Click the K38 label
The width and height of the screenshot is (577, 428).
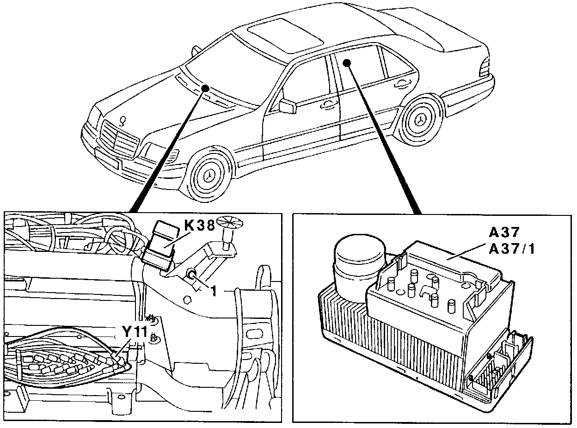click(199, 226)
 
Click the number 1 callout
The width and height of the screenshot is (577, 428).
click(214, 292)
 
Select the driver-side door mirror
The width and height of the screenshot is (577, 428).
click(288, 105)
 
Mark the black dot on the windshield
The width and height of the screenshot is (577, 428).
click(206, 88)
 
